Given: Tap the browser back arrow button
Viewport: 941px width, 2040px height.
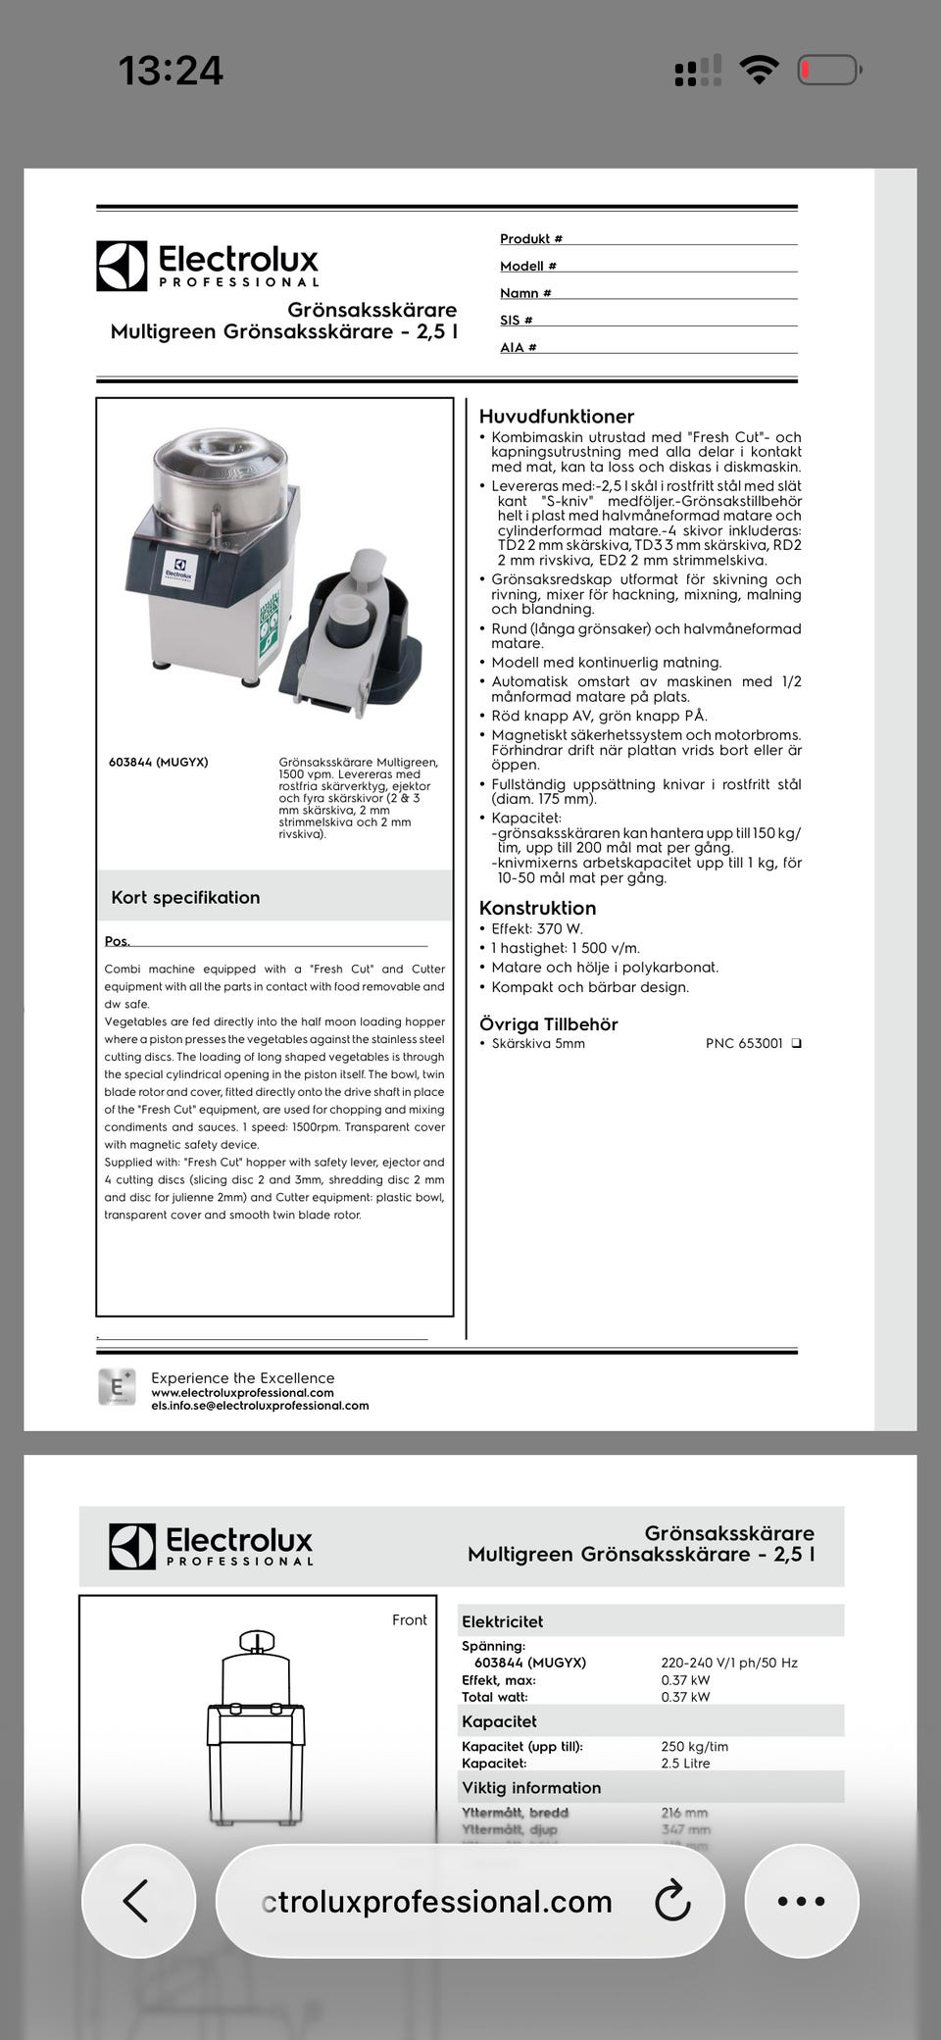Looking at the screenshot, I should [137, 1901].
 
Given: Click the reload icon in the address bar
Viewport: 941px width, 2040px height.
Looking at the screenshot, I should [672, 1901].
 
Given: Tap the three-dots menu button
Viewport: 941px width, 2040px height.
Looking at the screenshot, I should [801, 1901].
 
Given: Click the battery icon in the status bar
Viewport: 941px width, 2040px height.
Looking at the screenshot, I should [829, 70].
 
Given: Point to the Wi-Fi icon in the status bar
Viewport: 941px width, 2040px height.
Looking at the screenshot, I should [759, 70].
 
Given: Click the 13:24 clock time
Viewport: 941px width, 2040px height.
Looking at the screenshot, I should [171, 71].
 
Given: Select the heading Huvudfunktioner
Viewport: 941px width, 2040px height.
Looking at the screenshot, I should [556, 417].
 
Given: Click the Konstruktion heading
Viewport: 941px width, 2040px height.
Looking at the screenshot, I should [537, 908].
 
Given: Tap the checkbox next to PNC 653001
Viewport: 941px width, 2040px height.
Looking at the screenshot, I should [796, 1043].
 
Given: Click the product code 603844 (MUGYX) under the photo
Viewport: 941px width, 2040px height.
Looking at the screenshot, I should [158, 762].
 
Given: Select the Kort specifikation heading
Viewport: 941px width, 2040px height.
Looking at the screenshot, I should [185, 897].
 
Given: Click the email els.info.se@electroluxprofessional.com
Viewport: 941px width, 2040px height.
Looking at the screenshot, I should [260, 1406].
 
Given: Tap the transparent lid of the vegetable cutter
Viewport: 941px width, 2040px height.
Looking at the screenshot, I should [221, 459].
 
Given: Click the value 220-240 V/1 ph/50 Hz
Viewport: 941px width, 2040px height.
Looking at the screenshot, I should [728, 1663].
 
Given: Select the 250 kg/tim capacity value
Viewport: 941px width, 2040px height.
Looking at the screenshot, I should [694, 1746].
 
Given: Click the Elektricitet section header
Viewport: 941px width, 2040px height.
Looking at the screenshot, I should [502, 1621].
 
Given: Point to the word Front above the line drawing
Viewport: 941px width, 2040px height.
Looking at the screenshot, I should [409, 1619].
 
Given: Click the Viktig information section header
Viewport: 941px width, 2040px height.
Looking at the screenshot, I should [531, 1787].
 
